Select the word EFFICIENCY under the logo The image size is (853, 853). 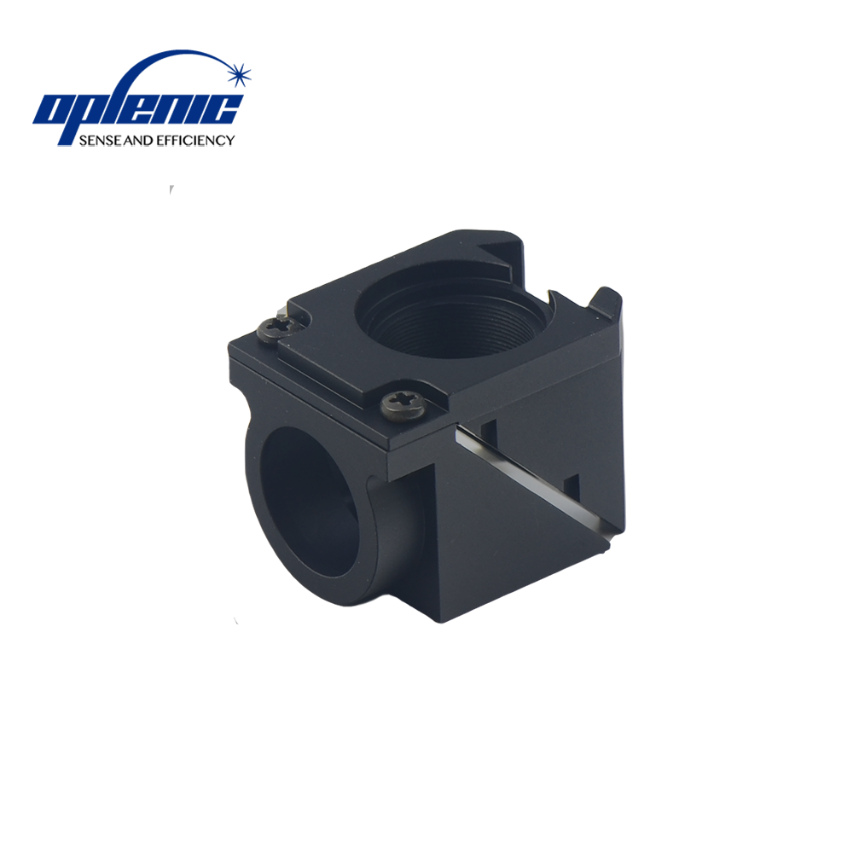(195, 141)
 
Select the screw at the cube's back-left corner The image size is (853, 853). (279, 329)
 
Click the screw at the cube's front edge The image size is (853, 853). (403, 405)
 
